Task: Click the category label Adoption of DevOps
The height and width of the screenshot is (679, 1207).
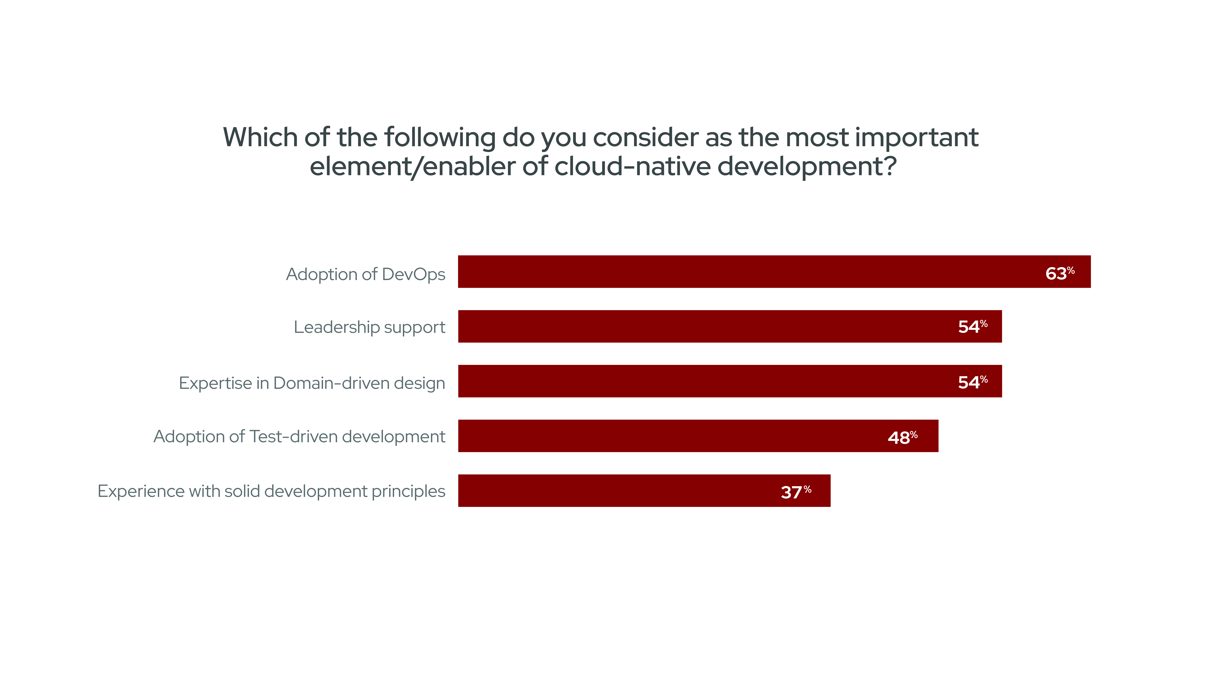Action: tap(365, 274)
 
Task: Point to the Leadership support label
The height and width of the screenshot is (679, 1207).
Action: tap(369, 327)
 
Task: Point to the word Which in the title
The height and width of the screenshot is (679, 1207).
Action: tap(260, 137)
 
